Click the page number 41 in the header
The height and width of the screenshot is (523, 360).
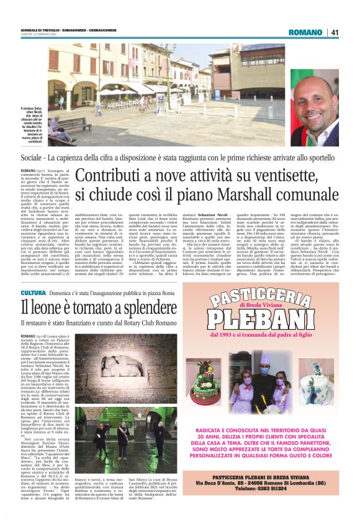(335, 33)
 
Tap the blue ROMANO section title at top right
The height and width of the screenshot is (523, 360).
(305, 33)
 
